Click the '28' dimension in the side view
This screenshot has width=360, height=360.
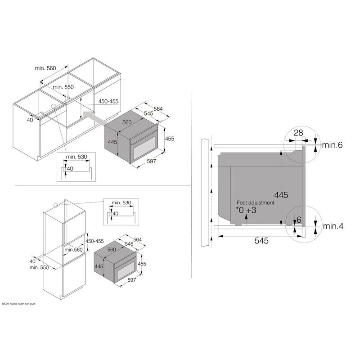[x=298, y=133]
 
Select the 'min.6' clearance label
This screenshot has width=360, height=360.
[x=332, y=145]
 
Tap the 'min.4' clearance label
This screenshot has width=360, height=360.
[x=333, y=226]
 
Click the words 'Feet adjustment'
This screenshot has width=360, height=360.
[x=255, y=202]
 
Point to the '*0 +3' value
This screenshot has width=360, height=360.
[x=246, y=210]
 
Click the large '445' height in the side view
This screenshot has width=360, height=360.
[x=281, y=195]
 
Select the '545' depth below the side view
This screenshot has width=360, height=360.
[x=261, y=241]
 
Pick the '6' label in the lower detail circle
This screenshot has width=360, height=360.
[x=299, y=220]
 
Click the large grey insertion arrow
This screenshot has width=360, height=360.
[x=94, y=117]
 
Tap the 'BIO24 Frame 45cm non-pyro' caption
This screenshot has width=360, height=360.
[x=19, y=304]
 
